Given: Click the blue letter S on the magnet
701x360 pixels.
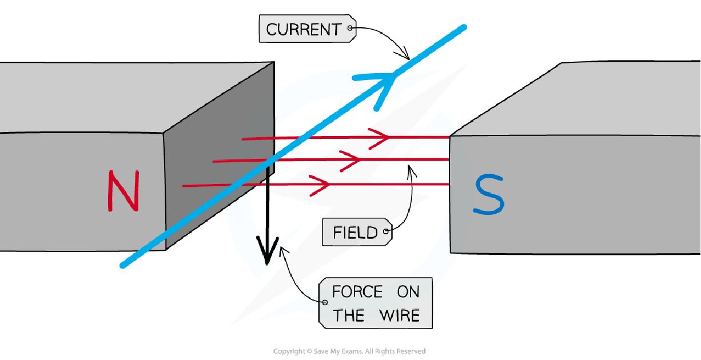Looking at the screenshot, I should tap(488, 195).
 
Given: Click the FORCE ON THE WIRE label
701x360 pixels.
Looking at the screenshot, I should tap(376, 303).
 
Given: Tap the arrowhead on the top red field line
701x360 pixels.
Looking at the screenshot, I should tap(380, 138).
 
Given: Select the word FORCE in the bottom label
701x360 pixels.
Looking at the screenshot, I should tap(357, 292).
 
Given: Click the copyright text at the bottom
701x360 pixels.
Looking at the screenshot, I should tap(350, 351).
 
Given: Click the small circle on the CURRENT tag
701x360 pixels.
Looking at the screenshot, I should tap(350, 27).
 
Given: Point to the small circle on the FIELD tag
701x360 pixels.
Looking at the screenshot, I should tap(387, 231).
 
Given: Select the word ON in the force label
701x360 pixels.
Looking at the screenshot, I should tap(408, 292).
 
